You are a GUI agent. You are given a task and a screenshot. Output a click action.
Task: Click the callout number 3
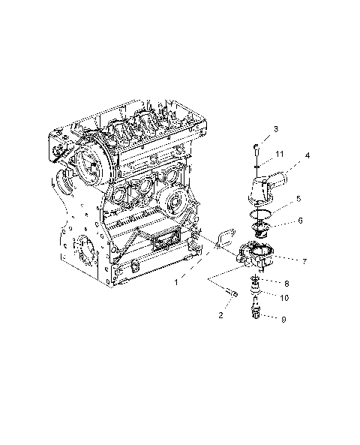pyautogui.click(x=276, y=129)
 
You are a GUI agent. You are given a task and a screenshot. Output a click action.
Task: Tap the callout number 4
pyautogui.click(x=307, y=156)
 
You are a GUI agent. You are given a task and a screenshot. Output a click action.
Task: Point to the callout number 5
pyautogui.click(x=298, y=200)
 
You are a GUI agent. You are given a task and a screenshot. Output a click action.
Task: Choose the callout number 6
pyautogui.click(x=299, y=221)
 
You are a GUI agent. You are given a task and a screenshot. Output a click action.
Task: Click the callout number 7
pyautogui.click(x=304, y=261)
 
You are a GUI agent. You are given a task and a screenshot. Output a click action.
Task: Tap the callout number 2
pyautogui.click(x=220, y=316)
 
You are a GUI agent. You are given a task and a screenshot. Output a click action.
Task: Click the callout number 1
pyautogui.click(x=176, y=282)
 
